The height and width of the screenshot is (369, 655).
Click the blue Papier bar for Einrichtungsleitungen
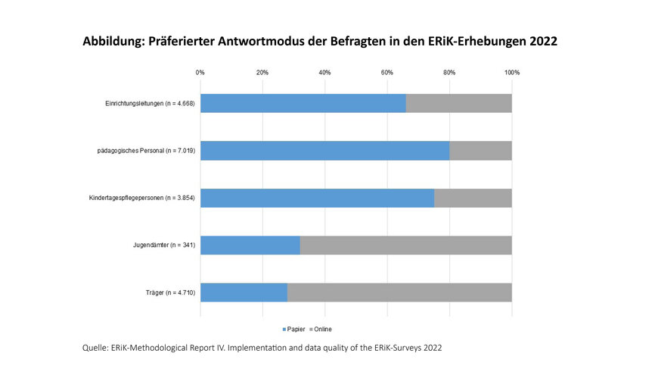303,103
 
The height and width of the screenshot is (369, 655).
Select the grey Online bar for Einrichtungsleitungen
458,103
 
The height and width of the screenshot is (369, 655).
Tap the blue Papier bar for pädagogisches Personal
324,150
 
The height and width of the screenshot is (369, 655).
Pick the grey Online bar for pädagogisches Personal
480,150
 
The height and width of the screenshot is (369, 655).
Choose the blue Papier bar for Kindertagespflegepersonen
317,198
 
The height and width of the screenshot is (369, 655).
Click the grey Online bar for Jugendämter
405,245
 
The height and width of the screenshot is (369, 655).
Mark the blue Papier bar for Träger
244,292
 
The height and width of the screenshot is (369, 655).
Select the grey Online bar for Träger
399,292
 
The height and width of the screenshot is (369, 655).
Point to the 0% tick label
200,73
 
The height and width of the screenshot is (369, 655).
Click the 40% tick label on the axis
324,73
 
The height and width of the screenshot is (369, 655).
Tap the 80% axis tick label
449,73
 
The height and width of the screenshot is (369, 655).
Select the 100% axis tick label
512,73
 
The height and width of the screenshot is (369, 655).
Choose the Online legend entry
322,329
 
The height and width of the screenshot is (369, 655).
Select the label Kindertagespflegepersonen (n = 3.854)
142,198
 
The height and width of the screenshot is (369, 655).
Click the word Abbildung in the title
115,43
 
